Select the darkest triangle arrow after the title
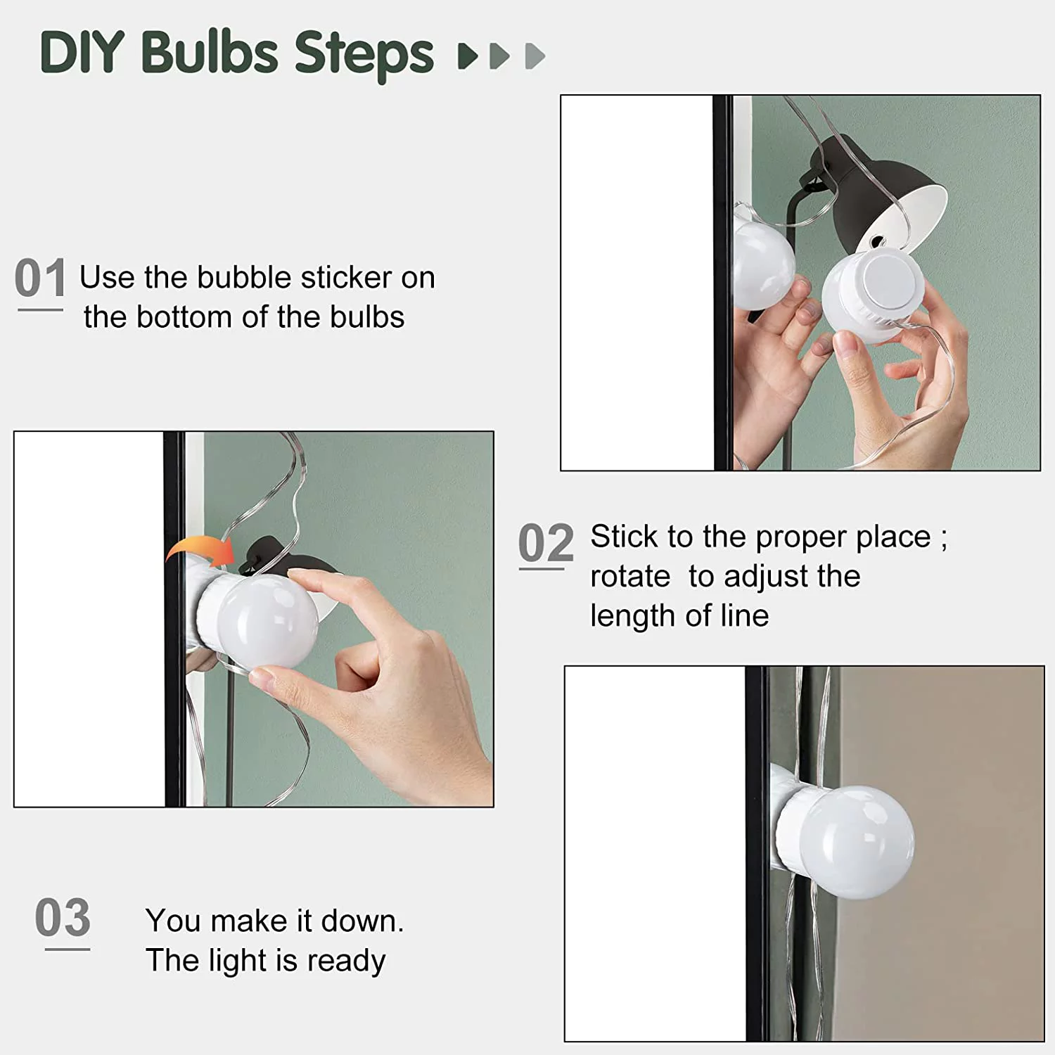(x=468, y=56)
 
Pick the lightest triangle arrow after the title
(x=535, y=56)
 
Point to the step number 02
(x=546, y=543)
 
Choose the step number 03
(x=63, y=917)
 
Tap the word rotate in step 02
(x=630, y=577)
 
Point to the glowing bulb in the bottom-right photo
(x=857, y=842)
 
